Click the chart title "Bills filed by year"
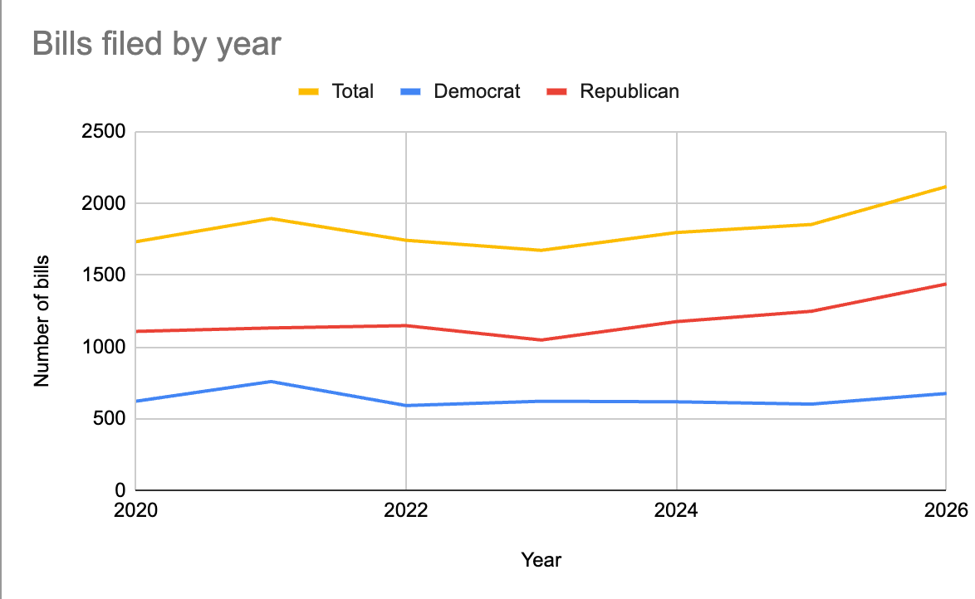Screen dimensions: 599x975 [157, 44]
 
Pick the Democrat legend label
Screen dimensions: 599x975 [477, 91]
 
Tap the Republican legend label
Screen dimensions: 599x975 [629, 91]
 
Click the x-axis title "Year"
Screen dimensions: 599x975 [541, 560]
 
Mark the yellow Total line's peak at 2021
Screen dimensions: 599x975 [271, 218]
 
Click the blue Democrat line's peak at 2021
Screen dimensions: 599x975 [271, 382]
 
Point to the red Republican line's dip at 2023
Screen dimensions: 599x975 [541, 339]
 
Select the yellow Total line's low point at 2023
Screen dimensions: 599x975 [541, 250]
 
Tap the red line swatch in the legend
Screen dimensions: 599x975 [556, 91]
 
